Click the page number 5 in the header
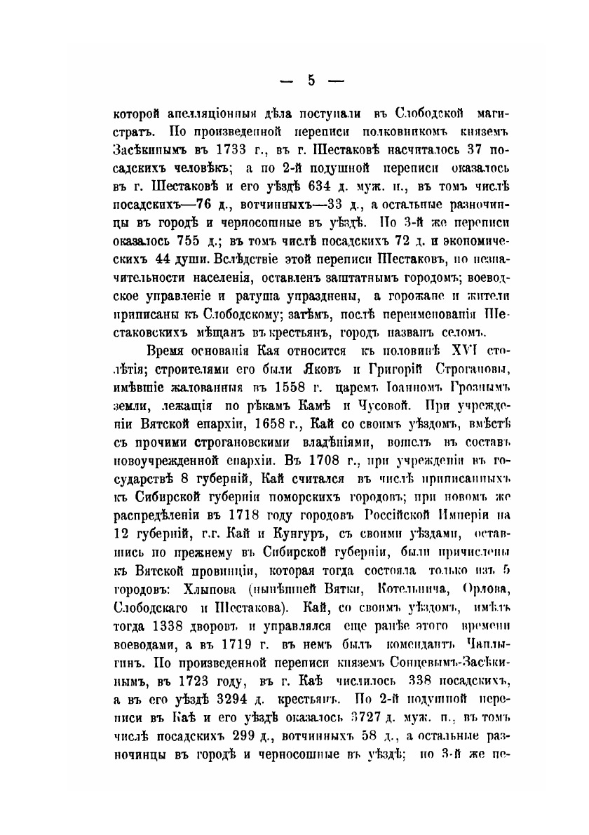[x=311, y=80]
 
